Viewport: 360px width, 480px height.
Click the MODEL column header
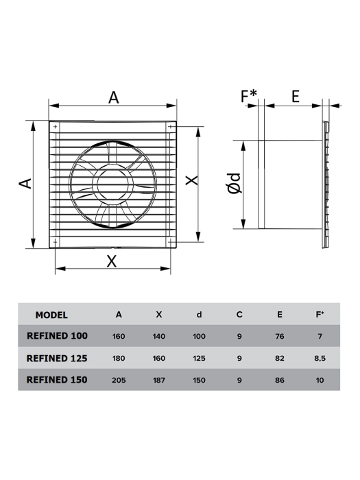tap(51, 315)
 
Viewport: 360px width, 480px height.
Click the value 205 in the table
tap(119, 379)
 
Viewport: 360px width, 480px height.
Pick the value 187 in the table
tap(159, 379)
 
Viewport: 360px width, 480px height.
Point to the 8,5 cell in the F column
tap(319, 358)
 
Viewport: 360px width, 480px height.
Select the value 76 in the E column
tap(279, 337)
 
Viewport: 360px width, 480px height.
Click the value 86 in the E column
tap(279, 379)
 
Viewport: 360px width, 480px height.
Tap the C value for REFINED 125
tap(239, 358)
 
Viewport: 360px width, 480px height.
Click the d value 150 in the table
tap(199, 379)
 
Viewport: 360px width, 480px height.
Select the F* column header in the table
tap(320, 315)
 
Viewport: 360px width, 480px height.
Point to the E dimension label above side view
tap(295, 96)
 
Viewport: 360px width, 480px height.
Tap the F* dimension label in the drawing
tap(249, 96)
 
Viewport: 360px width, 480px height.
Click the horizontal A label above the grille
tap(113, 97)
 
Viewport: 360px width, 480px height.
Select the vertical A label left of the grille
tap(24, 183)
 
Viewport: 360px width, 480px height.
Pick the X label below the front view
tap(112, 261)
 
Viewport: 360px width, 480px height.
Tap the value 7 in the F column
tap(319, 337)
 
